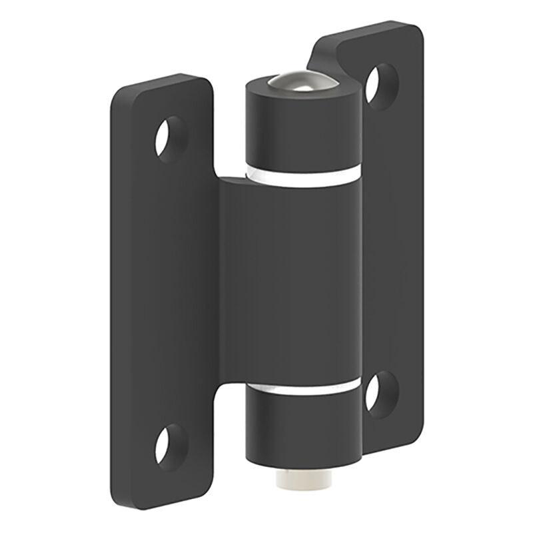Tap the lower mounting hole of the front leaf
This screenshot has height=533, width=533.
click(171, 443)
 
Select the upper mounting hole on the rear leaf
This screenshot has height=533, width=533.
click(382, 86)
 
